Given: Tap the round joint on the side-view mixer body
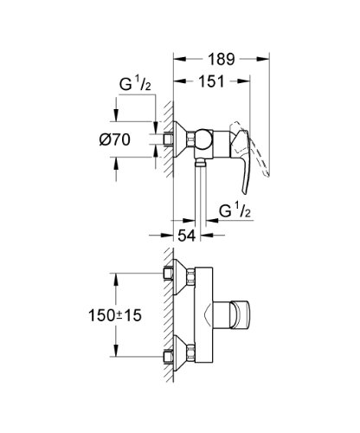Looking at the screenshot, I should click(x=201, y=138).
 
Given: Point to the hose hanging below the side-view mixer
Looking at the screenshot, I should click(x=201, y=195).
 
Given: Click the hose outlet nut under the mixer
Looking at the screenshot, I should click(x=201, y=162).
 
